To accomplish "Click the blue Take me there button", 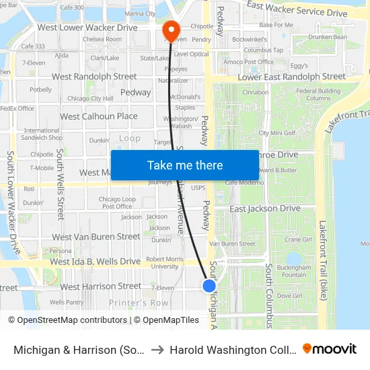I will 184,165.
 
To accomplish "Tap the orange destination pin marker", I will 171,30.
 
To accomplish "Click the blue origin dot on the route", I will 209,285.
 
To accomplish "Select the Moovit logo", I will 330,349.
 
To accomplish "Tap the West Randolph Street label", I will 94,77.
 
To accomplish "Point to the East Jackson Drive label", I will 265,209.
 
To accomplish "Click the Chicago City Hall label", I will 90,99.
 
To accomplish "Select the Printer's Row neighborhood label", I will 139,303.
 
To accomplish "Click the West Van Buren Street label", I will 96,237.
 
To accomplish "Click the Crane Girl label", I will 298,239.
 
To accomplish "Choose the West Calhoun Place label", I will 99,116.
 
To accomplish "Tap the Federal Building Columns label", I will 318,95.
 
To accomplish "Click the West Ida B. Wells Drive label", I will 96,261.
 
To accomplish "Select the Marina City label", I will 140,13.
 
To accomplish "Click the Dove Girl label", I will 289,295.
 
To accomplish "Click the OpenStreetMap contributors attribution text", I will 68,320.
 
